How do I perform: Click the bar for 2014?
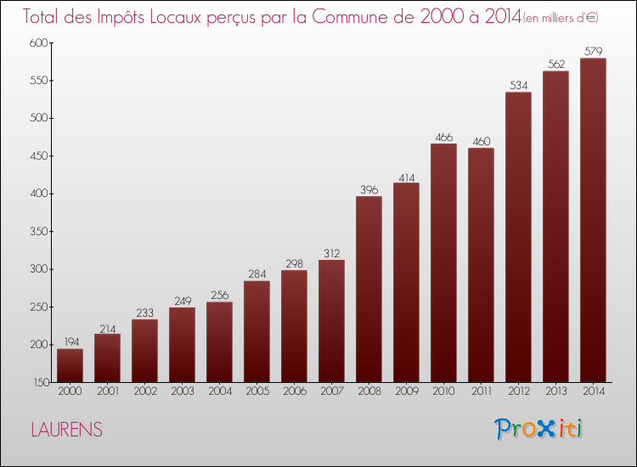593,220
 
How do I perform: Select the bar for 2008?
369,289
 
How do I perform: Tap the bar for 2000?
70,365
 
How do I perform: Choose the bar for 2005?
256,331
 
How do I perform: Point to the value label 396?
369,189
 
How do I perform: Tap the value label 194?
70,342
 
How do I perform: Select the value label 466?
443,137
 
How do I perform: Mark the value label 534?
518,85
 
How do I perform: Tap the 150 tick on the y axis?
40,382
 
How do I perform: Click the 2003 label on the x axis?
182,392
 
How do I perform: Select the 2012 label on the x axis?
518,392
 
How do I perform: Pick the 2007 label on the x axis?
331,392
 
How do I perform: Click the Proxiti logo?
539,429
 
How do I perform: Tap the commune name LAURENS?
66,430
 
